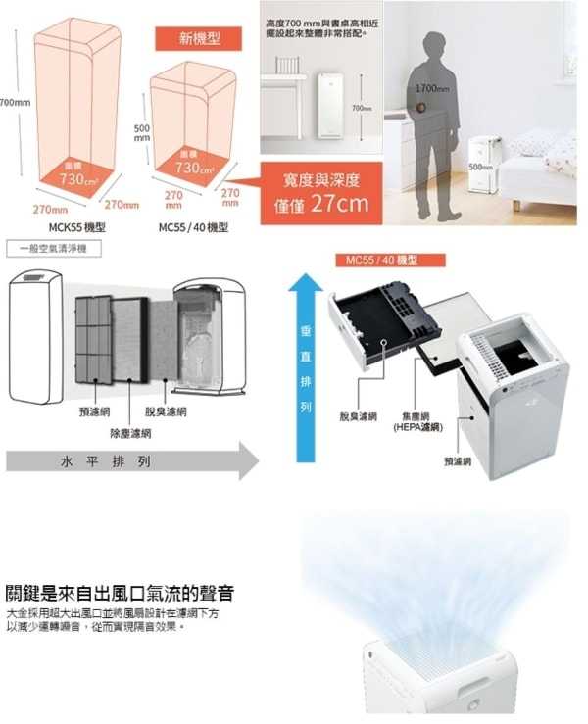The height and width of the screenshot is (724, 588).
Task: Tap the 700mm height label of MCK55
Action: click(x=13, y=102)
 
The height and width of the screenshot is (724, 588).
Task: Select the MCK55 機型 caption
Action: click(x=76, y=226)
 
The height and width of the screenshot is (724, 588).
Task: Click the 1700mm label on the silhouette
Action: click(x=431, y=89)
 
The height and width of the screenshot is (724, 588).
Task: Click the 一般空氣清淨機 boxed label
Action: click(x=46, y=250)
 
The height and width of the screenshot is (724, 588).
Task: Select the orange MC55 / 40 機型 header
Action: click(x=382, y=261)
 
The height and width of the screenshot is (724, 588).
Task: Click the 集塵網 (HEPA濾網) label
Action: click(x=418, y=422)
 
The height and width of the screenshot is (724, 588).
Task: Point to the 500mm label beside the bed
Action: click(x=480, y=167)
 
